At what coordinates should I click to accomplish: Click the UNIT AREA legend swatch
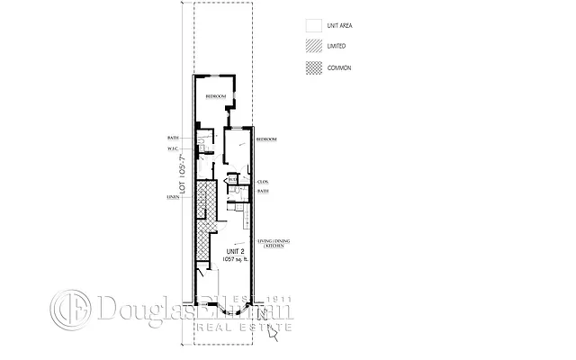[x=313, y=26]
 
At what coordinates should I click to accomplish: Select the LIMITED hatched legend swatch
[x=313, y=46]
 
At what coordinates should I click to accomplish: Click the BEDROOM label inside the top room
[x=215, y=96]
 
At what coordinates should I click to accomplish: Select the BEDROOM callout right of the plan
[x=266, y=139]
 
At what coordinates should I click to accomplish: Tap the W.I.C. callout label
[x=176, y=148]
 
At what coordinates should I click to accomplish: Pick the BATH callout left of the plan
[x=176, y=137]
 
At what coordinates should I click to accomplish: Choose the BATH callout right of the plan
[x=264, y=191]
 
